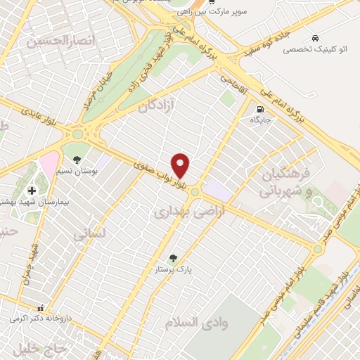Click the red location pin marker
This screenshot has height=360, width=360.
[x=181, y=165]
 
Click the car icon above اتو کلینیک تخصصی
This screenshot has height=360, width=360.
[x=311, y=38]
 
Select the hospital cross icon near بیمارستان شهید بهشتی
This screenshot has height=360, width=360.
[x=32, y=191]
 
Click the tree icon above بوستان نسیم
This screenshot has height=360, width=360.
[x=75, y=150]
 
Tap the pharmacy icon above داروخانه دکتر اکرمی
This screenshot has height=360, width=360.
[x=41, y=307]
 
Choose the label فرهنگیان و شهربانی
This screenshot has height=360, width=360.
[x=284, y=181]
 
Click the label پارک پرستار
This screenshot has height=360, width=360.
[x=174, y=269]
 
